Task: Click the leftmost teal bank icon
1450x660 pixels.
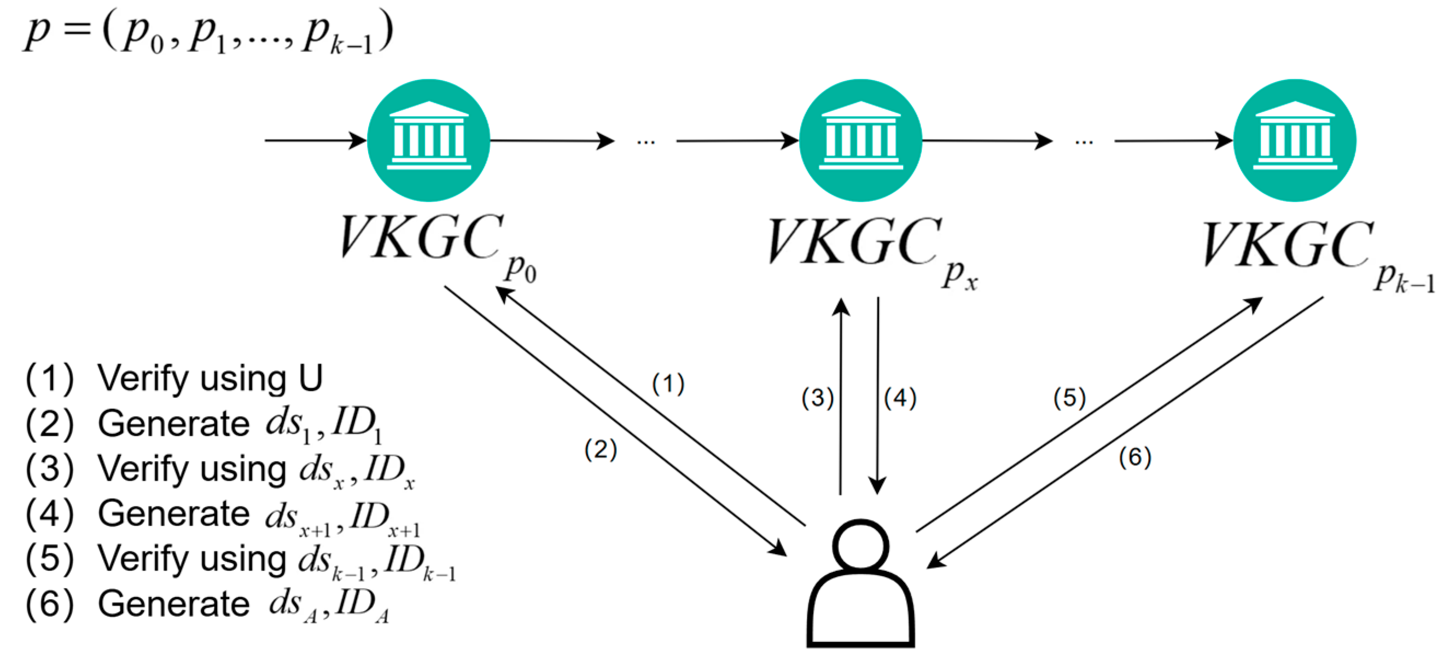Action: coord(428,140)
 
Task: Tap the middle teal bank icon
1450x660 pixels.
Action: coord(860,140)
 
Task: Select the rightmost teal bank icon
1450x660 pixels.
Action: coord(1295,140)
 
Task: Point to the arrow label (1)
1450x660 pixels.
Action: coord(668,384)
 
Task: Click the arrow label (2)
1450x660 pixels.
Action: coord(601,449)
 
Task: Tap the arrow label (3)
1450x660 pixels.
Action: coord(817,398)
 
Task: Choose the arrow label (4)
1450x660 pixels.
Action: coord(900,398)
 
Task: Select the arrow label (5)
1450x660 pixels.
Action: coord(1069,398)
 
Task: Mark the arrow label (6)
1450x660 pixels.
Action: coord(1135,457)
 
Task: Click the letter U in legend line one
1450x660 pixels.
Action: coord(310,378)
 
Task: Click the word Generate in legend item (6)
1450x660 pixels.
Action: coord(173,604)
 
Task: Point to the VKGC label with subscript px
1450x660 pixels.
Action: coord(855,242)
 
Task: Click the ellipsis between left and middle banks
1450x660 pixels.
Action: coord(645,142)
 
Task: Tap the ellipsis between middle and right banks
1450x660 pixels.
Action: coord(1084,142)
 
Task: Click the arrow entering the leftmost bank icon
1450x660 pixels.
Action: coord(315,140)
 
